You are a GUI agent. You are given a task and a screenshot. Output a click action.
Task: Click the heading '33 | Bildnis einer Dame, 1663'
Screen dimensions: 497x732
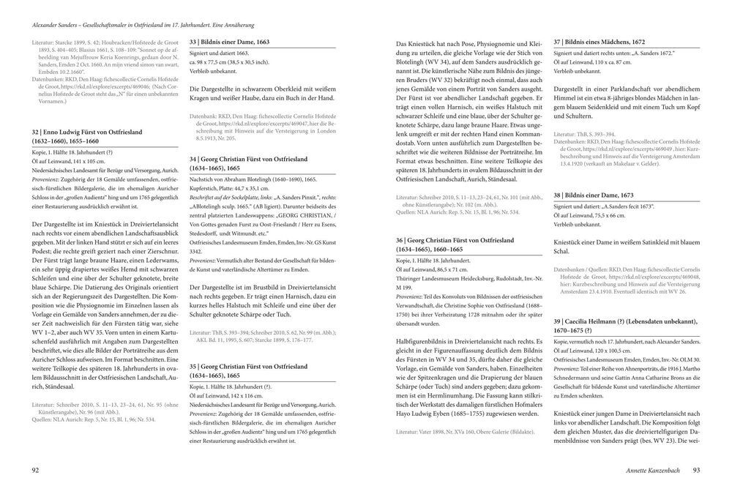tap(229, 42)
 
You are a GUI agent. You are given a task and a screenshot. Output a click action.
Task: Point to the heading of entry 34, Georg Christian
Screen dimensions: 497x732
tap(248, 163)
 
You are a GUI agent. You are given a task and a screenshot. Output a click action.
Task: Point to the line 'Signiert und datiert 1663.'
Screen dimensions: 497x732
tap(220, 53)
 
